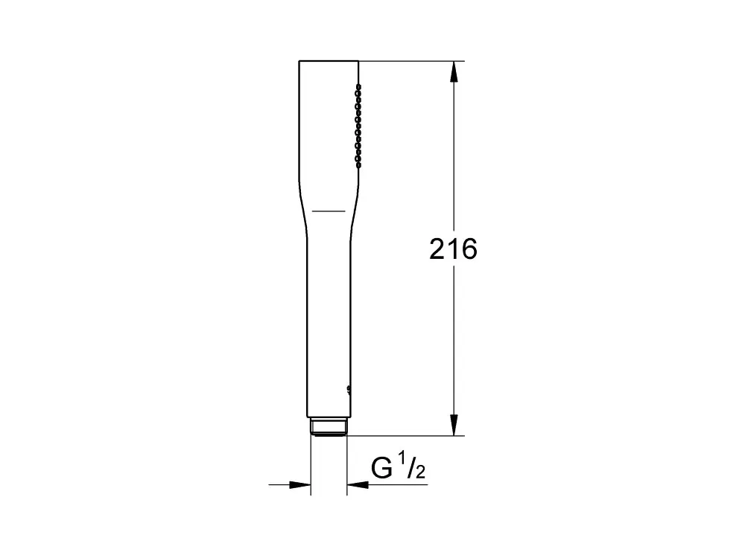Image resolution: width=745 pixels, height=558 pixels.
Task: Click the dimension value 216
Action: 453,249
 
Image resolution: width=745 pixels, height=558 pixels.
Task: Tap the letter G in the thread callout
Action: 381,468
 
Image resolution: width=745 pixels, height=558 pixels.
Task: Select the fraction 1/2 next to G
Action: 411,466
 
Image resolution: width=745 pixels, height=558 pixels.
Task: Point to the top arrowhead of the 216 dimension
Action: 454,71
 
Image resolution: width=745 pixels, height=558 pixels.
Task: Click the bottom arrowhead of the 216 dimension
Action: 454,425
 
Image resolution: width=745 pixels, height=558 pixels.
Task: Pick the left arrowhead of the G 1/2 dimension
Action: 299,485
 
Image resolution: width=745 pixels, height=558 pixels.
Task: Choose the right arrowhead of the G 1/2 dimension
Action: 358,485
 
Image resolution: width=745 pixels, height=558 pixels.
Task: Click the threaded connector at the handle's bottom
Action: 329,426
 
